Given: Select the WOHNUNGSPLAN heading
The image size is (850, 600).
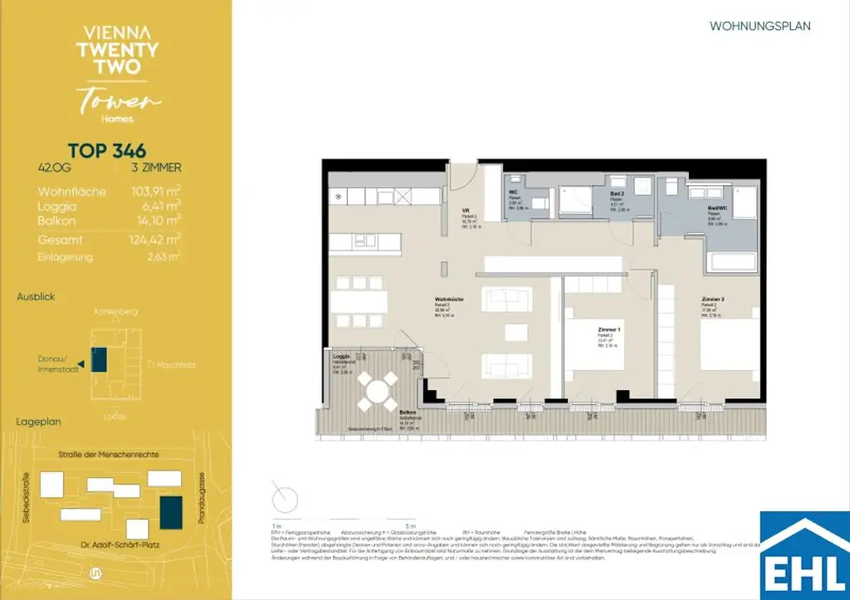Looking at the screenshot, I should click(x=760, y=27).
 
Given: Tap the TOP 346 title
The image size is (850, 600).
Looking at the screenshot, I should click(x=107, y=151).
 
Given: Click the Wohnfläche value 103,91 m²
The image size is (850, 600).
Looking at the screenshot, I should click(x=156, y=192).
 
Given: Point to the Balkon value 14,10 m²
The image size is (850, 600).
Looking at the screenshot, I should click(x=156, y=221).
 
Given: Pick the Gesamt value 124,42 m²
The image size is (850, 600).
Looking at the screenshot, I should click(x=156, y=240).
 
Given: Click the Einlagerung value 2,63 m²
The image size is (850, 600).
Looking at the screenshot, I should click(x=163, y=257).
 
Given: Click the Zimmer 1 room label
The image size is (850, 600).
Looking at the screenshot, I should click(x=609, y=330).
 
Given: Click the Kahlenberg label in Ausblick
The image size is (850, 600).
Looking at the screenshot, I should click(x=117, y=311).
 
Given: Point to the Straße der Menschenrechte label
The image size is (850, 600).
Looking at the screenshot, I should click(x=114, y=455).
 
